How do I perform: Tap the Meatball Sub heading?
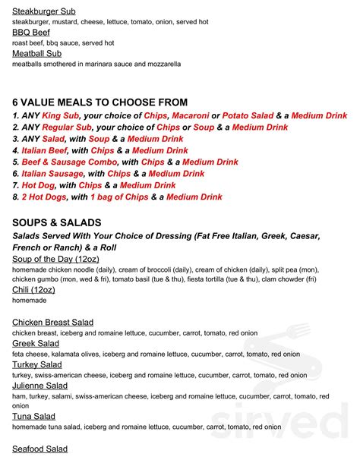[x=37, y=54]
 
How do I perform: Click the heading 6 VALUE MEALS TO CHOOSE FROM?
[x=99, y=102]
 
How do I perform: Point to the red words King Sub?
[x=61, y=116]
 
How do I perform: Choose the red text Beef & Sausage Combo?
[x=68, y=162]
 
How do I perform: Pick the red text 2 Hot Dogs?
[x=44, y=197]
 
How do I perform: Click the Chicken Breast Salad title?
[x=53, y=323]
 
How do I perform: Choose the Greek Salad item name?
[x=36, y=344]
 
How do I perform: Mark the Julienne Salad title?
[x=40, y=386]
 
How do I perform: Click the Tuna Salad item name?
[x=33, y=417]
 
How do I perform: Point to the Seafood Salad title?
[x=40, y=449]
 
